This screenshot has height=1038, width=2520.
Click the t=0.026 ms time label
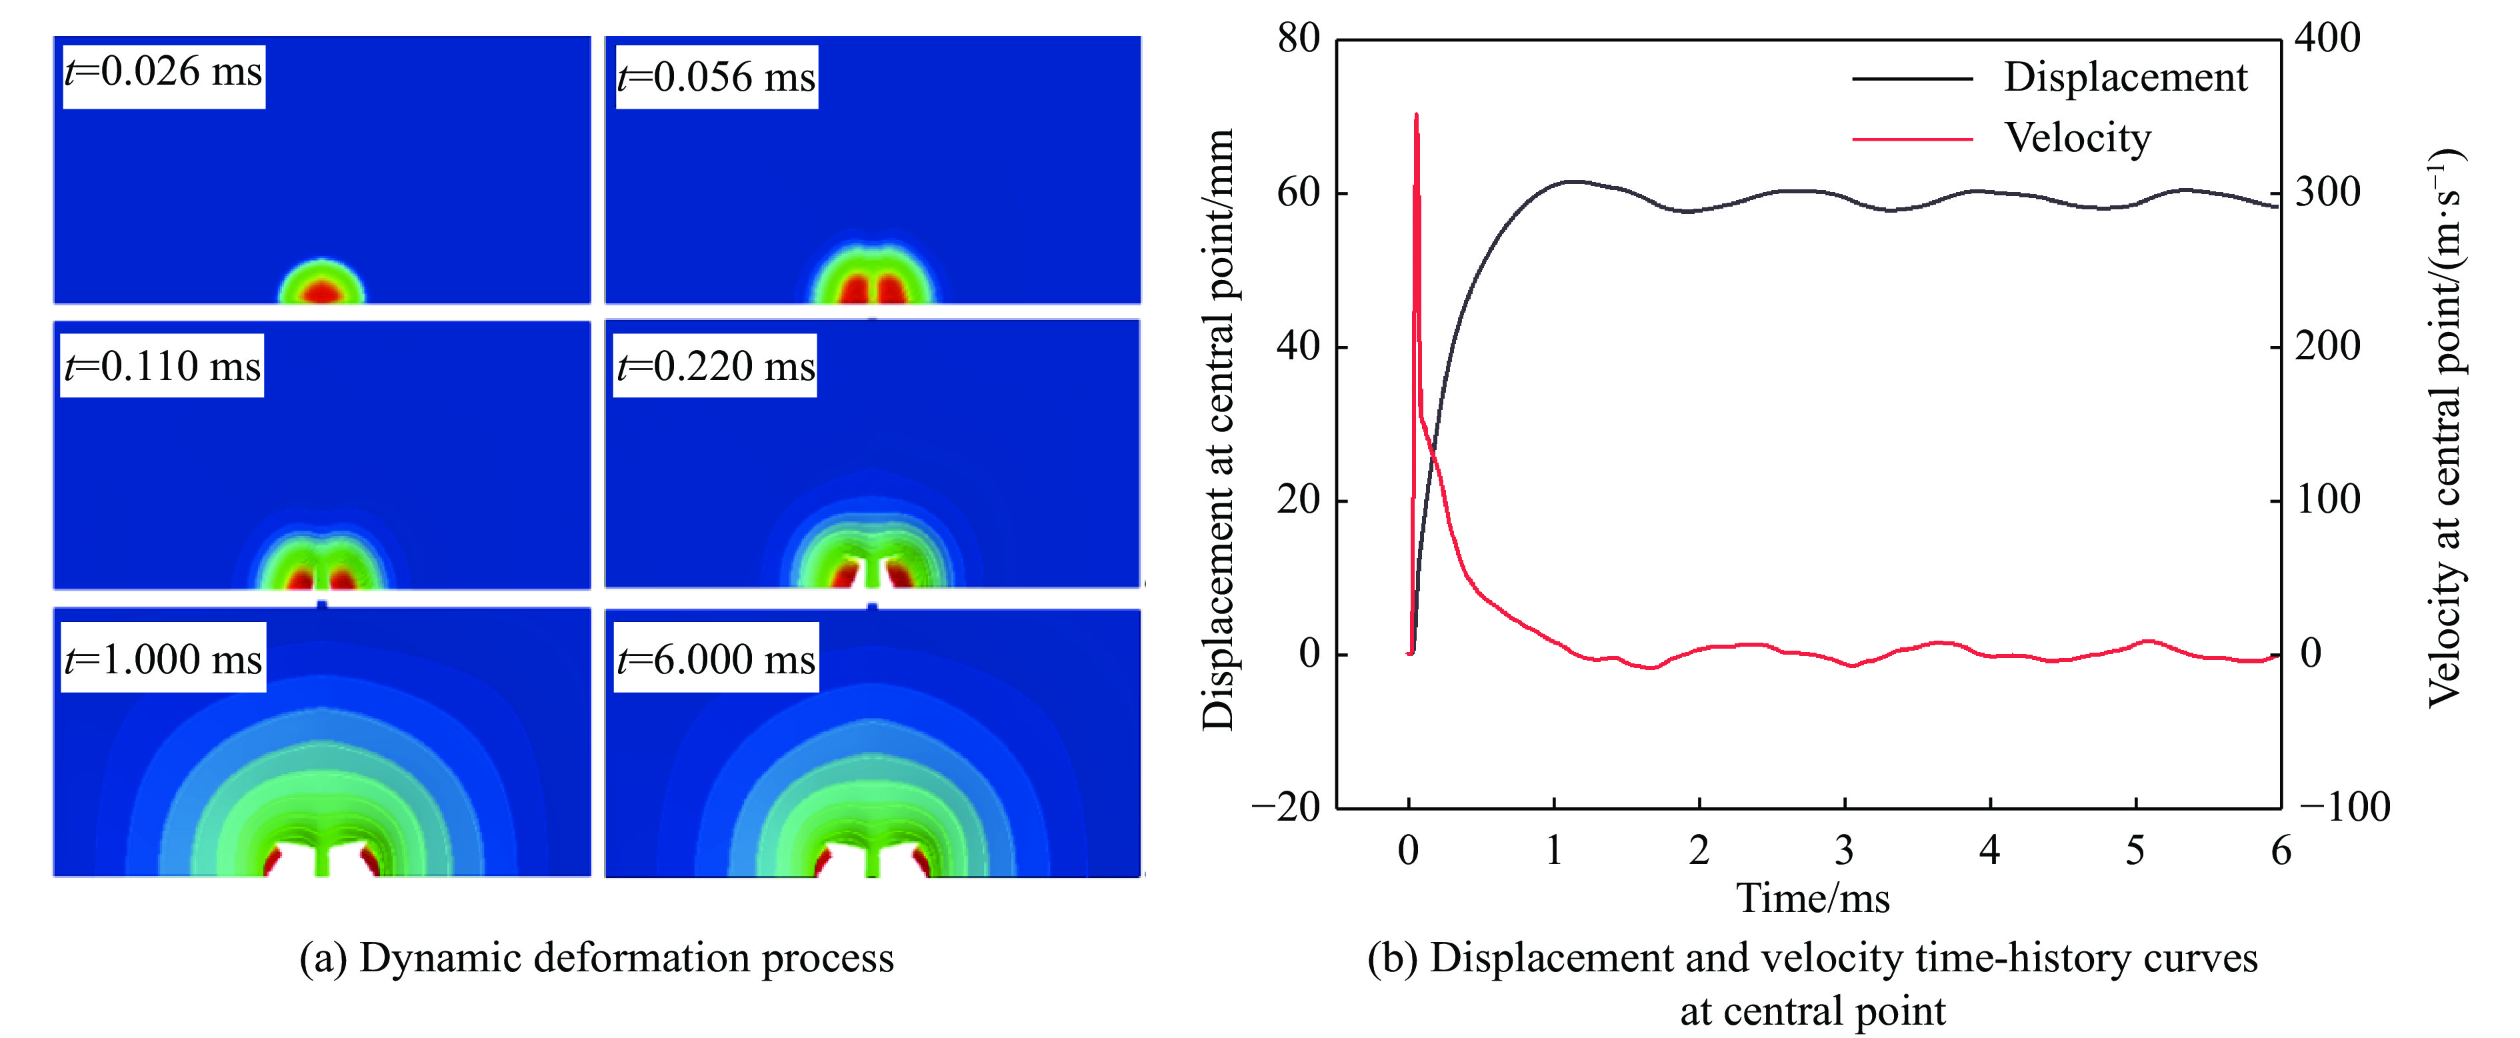tap(163, 73)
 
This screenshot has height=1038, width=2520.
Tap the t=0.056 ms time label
tap(716, 77)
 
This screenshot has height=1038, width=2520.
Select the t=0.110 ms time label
tap(163, 366)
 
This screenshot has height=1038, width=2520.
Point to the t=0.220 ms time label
tap(715, 367)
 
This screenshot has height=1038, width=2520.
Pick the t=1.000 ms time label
tap(163, 659)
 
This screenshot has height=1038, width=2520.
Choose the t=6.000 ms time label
tap(716, 659)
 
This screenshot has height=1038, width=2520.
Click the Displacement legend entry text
tap(2125, 77)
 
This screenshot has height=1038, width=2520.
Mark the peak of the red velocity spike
tap(1415, 115)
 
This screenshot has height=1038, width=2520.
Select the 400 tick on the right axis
tap(2328, 39)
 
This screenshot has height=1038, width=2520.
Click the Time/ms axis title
tap(1813, 898)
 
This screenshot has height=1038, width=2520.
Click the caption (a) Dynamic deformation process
tap(597, 958)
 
